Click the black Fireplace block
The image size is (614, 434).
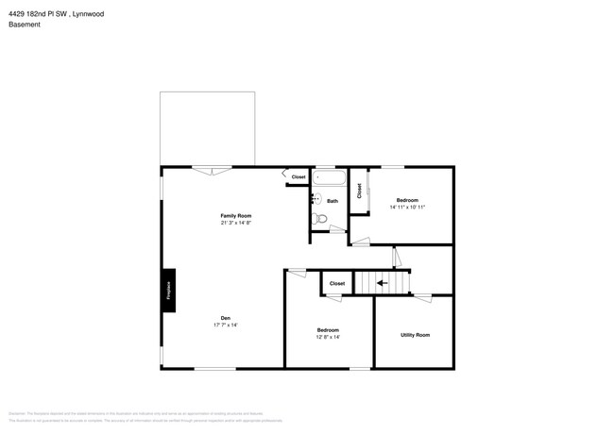(x=168, y=291)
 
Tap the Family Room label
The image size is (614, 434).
(x=236, y=216)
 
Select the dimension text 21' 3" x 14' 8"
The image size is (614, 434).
(x=236, y=224)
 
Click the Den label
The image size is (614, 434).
(x=226, y=318)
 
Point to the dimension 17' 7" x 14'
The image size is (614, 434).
(x=226, y=325)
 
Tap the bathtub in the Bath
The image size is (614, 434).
(x=330, y=177)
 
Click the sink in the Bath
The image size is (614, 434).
(x=316, y=199)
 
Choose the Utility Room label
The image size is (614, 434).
(x=415, y=335)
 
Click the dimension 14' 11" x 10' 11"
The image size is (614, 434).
(x=407, y=208)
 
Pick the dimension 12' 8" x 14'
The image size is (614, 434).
(x=328, y=337)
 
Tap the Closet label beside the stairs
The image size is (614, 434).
(x=337, y=283)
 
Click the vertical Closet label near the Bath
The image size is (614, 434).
(x=359, y=190)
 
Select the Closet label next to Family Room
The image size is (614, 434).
(x=298, y=177)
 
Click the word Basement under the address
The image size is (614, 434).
(x=25, y=25)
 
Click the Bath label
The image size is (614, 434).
(x=333, y=201)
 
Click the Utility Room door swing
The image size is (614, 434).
(x=421, y=297)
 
